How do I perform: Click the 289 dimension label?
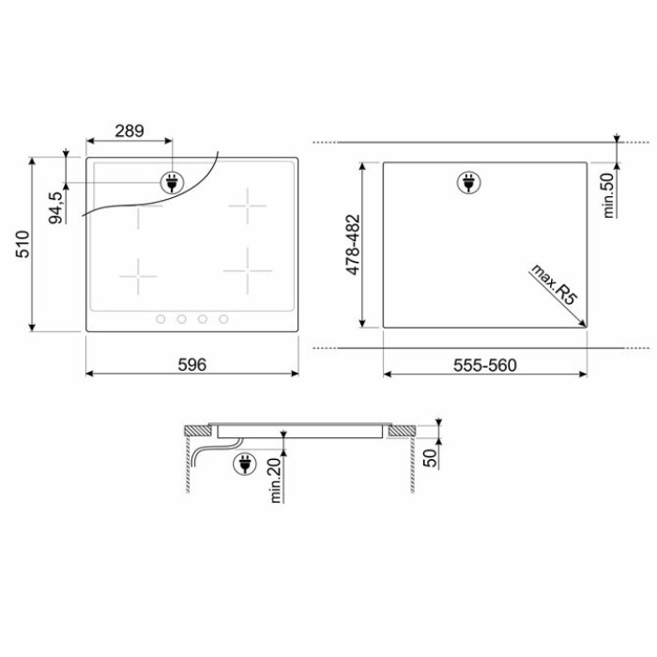coord(130,131)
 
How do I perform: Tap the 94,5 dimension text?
coord(55,207)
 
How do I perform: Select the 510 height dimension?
coord(23,244)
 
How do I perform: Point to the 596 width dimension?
coord(192,364)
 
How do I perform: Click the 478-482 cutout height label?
coord(353,245)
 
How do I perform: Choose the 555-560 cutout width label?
coord(485,365)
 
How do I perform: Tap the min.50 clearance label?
coord(609,195)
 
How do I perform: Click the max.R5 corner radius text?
coord(554,284)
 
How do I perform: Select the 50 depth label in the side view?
coord(430,458)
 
